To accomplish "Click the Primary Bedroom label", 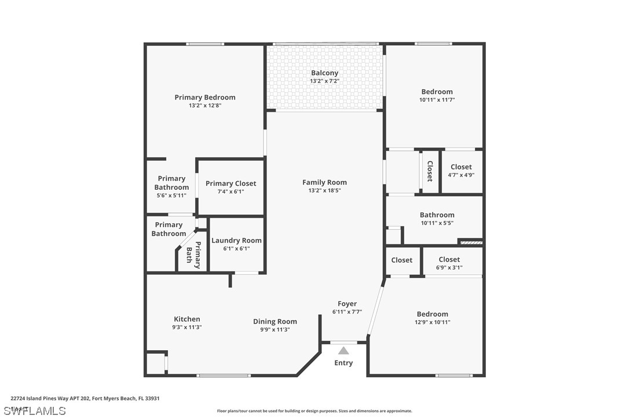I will [x=205, y=97].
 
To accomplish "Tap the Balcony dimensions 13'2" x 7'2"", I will [x=324, y=81].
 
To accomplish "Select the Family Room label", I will [x=324, y=182].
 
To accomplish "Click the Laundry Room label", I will [x=236, y=240].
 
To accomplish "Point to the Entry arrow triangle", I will [x=343, y=351].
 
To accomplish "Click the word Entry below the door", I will [x=343, y=363].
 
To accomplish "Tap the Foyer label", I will [x=348, y=303].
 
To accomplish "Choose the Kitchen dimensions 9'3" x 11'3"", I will [x=186, y=327].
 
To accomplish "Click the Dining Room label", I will [x=275, y=321].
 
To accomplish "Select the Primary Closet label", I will [x=231, y=183].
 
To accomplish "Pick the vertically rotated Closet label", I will [x=430, y=171].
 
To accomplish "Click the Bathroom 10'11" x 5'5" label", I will [x=437, y=215].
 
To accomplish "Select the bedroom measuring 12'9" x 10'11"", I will [x=432, y=314].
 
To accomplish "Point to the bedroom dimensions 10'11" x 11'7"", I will [x=437, y=100].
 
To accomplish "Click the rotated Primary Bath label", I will [x=193, y=255].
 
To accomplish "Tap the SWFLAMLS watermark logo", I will [x=35, y=411].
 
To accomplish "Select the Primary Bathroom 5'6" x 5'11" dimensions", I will [x=171, y=196].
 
